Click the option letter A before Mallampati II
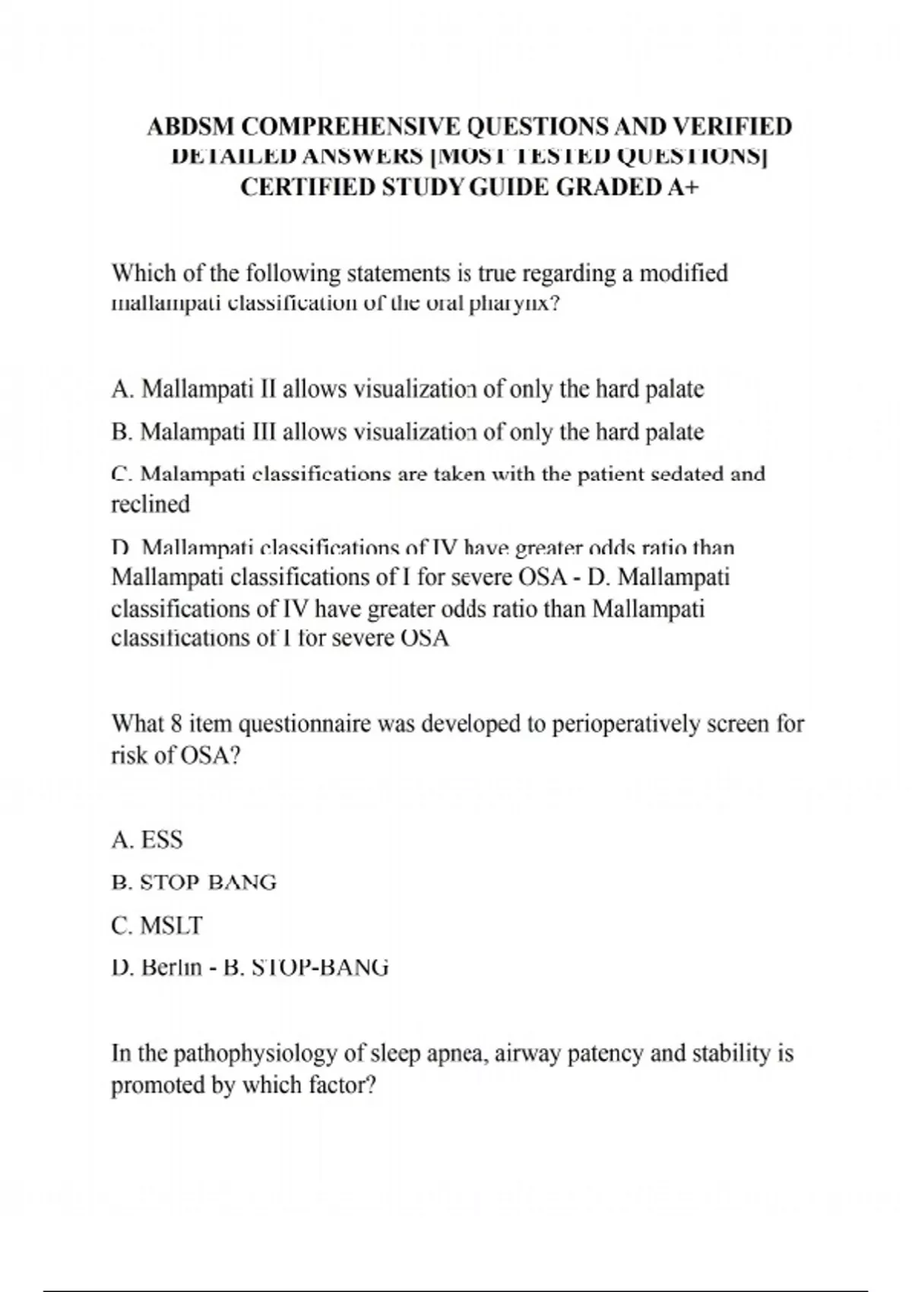tap(120, 389)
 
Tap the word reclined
tap(150, 504)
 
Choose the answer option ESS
tap(162, 840)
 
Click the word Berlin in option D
tap(172, 967)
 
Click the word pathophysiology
tap(256, 1055)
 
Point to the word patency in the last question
tap(610, 1055)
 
